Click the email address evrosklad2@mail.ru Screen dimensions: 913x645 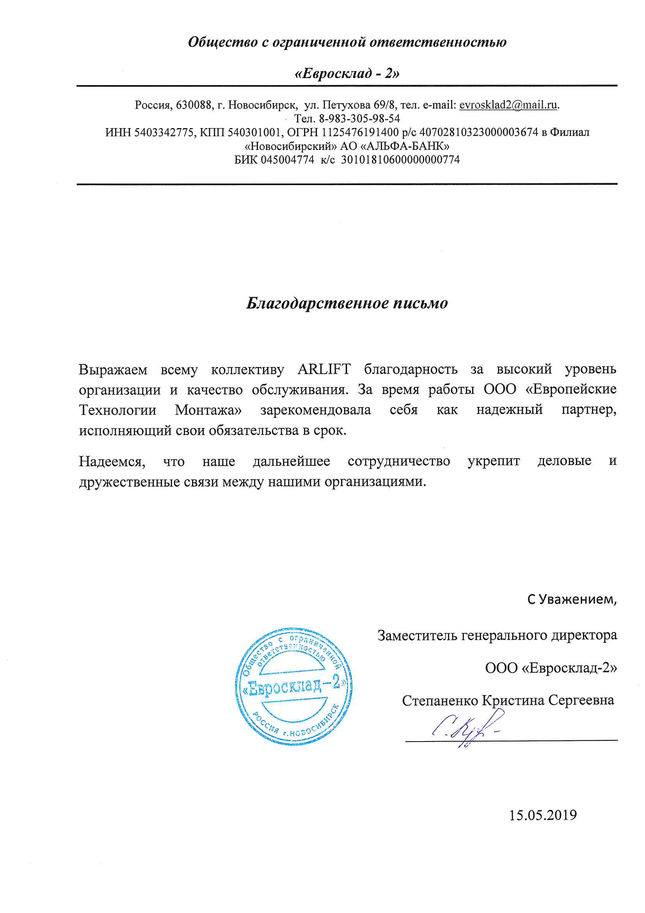508,105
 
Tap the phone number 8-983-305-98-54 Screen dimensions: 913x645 359,118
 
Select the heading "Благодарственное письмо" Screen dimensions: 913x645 347,303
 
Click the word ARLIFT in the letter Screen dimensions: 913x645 324,369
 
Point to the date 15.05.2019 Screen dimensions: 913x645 542,815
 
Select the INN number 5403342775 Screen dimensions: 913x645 164,132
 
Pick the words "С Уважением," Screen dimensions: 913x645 572,599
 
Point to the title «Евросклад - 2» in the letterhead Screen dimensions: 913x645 347,73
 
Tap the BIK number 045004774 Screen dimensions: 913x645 287,160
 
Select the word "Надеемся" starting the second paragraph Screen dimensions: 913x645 112,461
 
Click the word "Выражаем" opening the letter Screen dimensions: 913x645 113,370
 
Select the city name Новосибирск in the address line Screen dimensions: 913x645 262,105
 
